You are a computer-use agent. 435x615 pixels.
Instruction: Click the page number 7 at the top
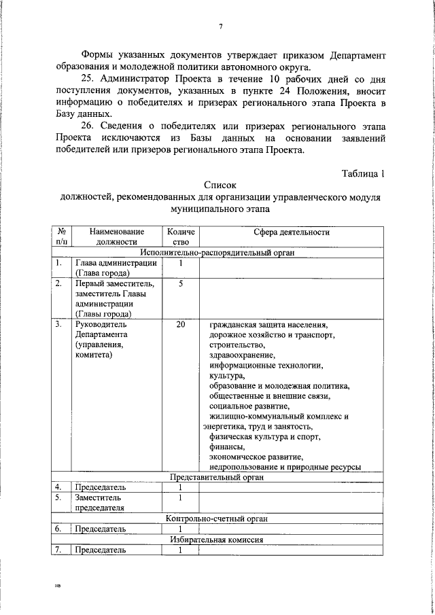[x=221, y=27]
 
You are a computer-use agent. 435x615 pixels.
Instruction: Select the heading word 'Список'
[x=219, y=185]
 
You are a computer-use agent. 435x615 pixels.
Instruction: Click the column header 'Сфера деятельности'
[x=292, y=232]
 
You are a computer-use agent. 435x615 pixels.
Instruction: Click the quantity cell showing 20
[x=180, y=326]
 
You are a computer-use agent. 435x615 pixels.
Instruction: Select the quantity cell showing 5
[x=180, y=284]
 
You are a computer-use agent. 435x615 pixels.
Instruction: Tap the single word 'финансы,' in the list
[x=227, y=447]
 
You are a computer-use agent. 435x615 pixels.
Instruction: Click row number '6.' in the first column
[x=59, y=529]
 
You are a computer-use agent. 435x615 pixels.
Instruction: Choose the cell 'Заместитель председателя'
[x=100, y=502]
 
